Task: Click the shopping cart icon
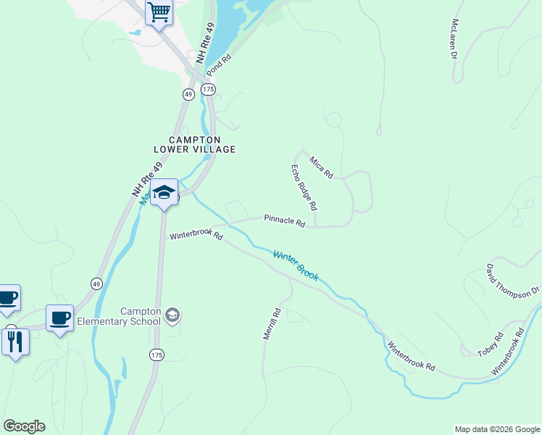click(x=159, y=12)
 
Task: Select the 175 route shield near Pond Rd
click(x=209, y=88)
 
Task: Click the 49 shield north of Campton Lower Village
click(x=188, y=94)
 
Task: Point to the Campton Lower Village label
click(x=194, y=144)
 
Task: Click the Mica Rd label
click(x=320, y=167)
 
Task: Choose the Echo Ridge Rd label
click(x=305, y=188)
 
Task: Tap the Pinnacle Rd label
click(x=284, y=220)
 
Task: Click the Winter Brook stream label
click(x=295, y=265)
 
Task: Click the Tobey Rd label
click(x=490, y=344)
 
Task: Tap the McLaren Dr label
click(x=455, y=38)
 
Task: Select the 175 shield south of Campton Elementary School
click(x=157, y=355)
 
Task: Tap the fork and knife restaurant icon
click(x=15, y=341)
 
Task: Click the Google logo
click(x=24, y=426)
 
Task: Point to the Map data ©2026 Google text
click(x=497, y=429)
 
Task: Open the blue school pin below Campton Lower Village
click(x=164, y=192)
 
